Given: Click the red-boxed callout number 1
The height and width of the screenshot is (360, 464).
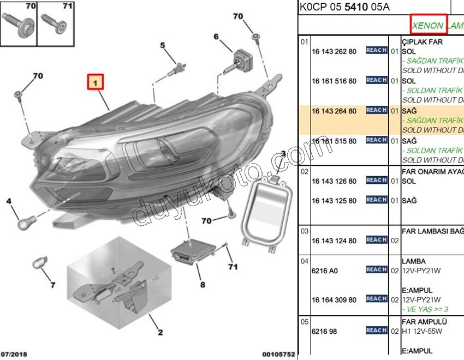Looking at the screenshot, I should tap(96, 83).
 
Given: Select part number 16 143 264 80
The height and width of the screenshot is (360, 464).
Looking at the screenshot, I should tap(334, 111).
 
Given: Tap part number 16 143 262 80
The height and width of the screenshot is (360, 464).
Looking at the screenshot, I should tap(334, 51).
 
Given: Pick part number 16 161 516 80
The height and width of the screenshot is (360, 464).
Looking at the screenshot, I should tap(334, 81).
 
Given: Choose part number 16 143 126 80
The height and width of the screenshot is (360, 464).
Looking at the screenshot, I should tap(334, 181).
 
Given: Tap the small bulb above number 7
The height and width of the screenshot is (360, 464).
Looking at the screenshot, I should tap(39, 263).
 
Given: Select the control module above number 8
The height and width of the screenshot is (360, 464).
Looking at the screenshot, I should tap(189, 251).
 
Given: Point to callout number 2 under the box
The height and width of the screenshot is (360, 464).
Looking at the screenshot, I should tap(160, 332).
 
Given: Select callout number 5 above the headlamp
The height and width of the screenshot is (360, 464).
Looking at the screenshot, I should tap(163, 45).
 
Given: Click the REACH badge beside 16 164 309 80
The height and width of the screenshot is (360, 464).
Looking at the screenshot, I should tap(377, 299).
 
